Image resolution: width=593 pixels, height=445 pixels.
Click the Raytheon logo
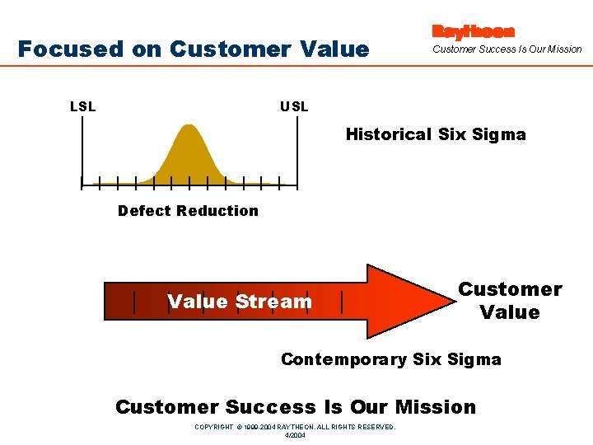pos(473,31)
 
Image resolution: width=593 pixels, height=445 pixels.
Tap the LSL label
pos(82,106)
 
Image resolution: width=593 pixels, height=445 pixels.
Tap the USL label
pos(294,106)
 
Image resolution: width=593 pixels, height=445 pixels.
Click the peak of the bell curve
pos(189,127)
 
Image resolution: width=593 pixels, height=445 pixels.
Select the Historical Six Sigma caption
pos(435,134)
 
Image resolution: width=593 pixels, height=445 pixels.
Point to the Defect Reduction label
pos(188,211)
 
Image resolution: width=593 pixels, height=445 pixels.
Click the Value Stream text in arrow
pos(240,302)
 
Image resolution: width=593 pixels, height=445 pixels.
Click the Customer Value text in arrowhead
pos(510,301)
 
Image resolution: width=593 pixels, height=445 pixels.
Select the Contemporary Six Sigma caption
pos(390,359)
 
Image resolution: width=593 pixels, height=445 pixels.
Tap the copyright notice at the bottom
pos(295,427)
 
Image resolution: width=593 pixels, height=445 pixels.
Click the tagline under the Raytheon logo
pos(507,49)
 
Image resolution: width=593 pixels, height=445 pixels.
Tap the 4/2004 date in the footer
pos(295,435)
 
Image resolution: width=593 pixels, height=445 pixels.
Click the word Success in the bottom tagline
pos(270,407)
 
